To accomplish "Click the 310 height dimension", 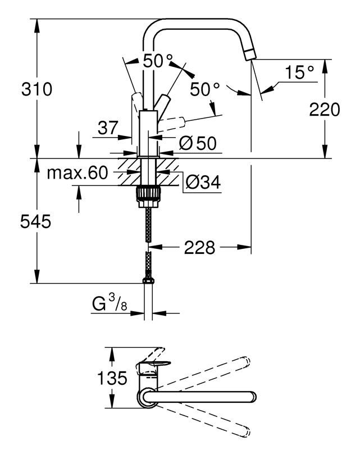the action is point(37,89).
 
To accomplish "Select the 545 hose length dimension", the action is point(35,221).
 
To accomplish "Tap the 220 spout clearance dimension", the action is point(325,110).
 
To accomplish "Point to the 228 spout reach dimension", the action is point(199,247).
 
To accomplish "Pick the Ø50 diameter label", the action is point(198,143).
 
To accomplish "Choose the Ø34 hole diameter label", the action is point(203,182).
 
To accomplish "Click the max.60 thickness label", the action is point(78,173).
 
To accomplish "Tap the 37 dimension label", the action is point(108,128).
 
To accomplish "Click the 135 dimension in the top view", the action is point(112,378).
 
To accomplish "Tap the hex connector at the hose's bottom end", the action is point(148,280).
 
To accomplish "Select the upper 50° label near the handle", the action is point(158,61).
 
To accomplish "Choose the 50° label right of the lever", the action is point(205,89).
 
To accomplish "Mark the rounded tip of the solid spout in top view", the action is point(253,397).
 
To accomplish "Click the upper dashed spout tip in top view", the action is point(246,361).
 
